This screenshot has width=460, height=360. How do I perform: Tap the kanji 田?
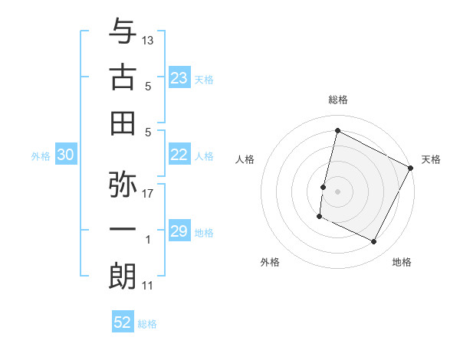coord(123,123)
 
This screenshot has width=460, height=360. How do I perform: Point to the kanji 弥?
coord(123,184)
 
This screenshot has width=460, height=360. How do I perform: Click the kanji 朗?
coord(123,277)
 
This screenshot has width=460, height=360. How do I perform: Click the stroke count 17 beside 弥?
coord(148,193)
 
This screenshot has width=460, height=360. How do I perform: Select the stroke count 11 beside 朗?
coord(148,286)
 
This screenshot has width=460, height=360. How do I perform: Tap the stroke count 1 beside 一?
coord(148,240)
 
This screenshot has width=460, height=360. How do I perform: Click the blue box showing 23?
coord(179,77)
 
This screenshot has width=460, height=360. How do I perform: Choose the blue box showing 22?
coord(179,155)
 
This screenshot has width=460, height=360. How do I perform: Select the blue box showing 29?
coord(179,231)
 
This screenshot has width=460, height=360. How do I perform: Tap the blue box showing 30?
coord(65,155)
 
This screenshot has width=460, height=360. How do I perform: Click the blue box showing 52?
coord(123,322)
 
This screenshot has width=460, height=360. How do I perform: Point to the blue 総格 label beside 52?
coord(147,324)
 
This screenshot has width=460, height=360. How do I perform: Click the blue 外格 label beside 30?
coord(41,156)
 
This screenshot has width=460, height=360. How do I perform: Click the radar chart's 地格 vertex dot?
coord(374,242)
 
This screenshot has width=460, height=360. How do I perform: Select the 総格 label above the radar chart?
coord(337,100)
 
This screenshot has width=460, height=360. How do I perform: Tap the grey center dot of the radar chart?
coord(337,191)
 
